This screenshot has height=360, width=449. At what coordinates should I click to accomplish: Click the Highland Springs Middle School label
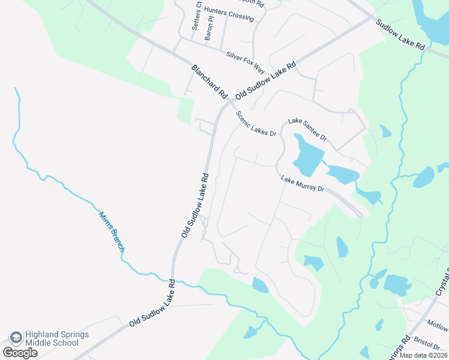[x=53, y=338]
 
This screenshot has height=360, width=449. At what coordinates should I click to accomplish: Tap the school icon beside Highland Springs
[x=15, y=338]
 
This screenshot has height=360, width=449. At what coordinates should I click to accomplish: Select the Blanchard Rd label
[x=209, y=82]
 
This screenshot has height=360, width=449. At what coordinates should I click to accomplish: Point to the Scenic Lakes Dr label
[x=255, y=124]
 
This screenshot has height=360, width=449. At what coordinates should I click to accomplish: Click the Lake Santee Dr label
[x=307, y=129]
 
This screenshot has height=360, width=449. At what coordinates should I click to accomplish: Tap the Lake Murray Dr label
[x=303, y=184]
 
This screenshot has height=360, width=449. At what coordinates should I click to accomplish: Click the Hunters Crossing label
[x=229, y=14]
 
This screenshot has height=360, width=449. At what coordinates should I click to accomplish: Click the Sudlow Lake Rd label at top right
[x=400, y=35]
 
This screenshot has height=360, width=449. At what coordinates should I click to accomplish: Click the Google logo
[x=20, y=353]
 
